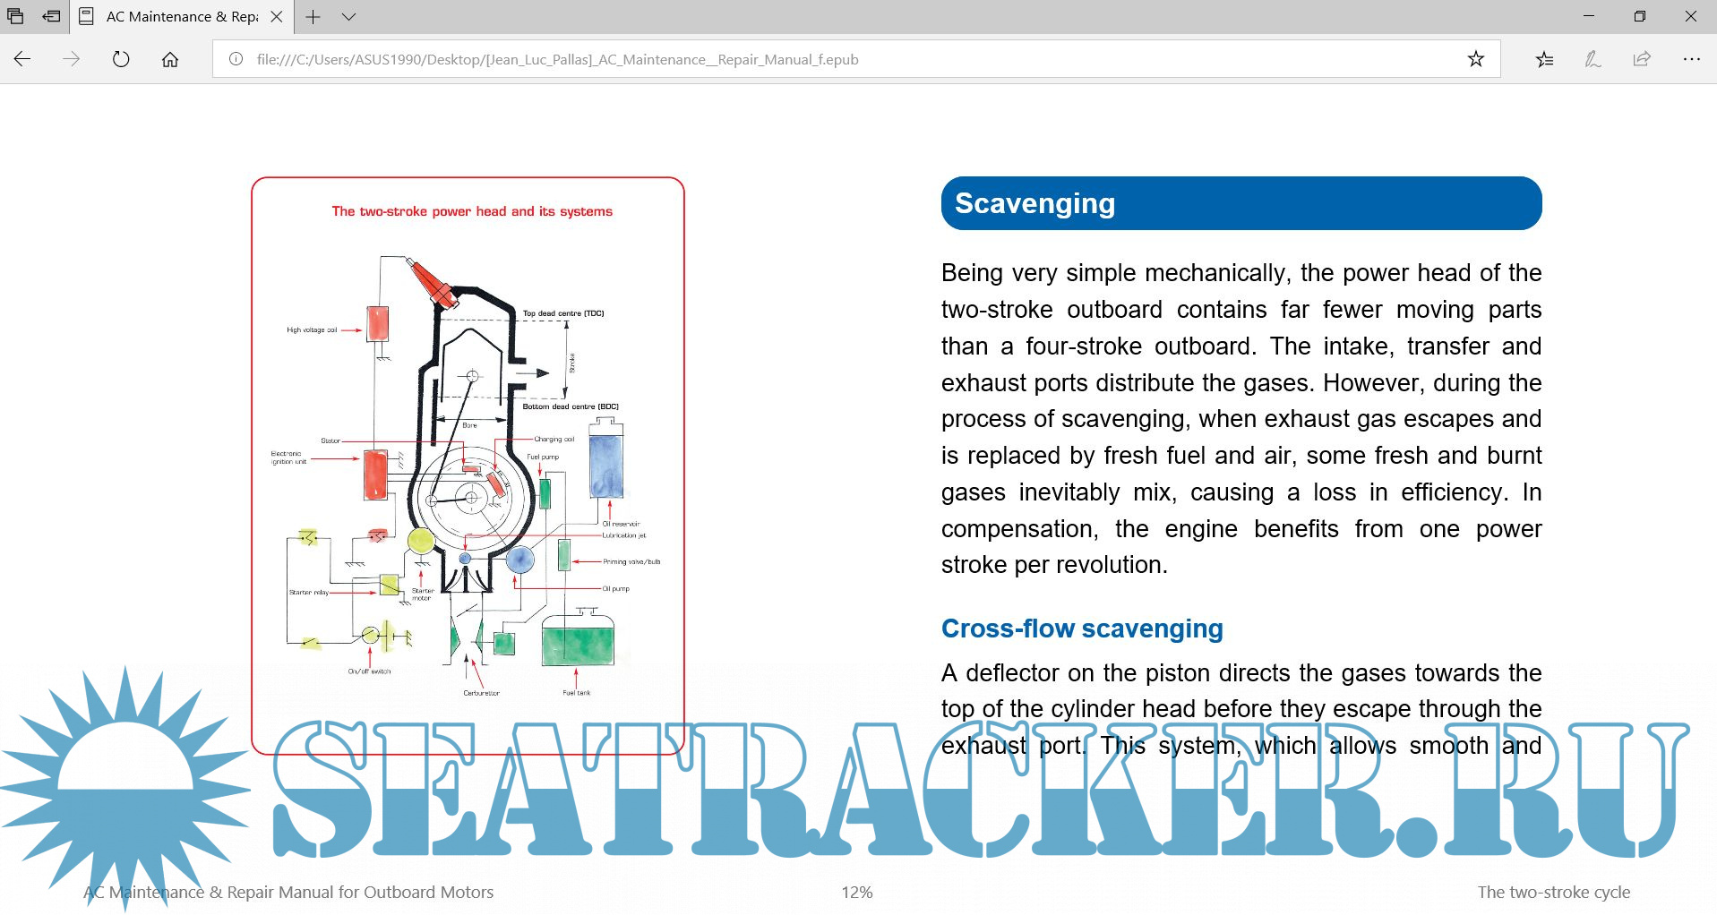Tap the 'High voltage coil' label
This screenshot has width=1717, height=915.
[x=312, y=330]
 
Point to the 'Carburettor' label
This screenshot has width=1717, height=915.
[x=481, y=693]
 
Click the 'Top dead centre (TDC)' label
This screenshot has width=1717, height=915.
[x=563, y=313]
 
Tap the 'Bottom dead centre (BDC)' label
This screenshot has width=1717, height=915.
[x=571, y=406]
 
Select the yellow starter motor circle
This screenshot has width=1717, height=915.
[x=421, y=540]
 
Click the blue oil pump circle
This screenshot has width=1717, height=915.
[x=520, y=560]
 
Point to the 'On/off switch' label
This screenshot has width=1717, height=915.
[x=369, y=671]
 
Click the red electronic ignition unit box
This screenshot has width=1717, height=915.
[x=375, y=475]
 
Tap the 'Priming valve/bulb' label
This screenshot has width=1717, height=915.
[x=631, y=562]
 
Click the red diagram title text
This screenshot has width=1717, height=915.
[x=472, y=212]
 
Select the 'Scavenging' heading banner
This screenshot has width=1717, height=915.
[x=1241, y=203]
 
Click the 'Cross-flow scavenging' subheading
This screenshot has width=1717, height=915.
[x=1082, y=629]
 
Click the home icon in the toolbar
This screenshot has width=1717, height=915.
[x=170, y=59]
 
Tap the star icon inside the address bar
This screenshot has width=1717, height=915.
[x=1476, y=59]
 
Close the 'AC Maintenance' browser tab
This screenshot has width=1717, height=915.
[x=277, y=16]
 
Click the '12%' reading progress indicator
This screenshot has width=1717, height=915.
[x=856, y=893]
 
